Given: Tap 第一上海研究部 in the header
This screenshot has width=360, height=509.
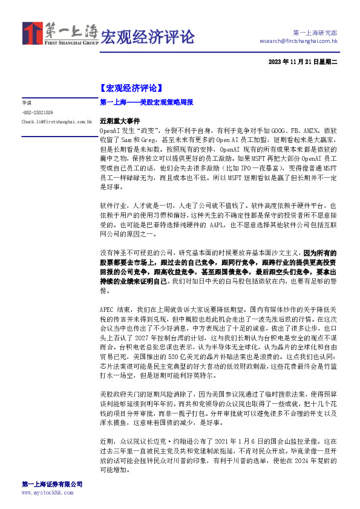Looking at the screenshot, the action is pos(315,33).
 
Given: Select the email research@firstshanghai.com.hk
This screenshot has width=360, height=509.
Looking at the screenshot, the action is pos(298,41).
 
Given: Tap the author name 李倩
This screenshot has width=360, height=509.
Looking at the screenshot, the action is pos(27,103).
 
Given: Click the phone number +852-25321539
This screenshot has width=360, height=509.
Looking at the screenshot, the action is pos(38,112).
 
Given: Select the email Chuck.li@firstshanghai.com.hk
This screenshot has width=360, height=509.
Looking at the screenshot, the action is pos(56,122).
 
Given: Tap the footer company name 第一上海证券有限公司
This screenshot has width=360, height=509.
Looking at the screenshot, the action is pos(52,485).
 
